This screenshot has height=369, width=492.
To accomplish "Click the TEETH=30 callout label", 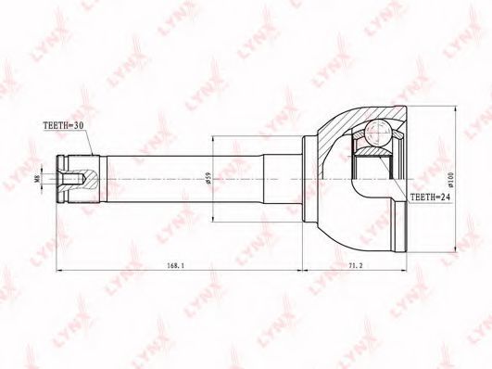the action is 63,125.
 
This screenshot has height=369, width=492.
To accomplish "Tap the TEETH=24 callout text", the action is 431,197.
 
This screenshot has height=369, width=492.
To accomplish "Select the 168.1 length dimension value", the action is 176,265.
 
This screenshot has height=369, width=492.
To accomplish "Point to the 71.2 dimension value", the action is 356,265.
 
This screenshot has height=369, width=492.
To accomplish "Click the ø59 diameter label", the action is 208,178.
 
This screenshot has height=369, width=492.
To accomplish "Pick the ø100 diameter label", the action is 451,179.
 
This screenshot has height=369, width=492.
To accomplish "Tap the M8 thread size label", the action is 37,178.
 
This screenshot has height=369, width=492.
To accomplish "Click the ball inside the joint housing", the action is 378,133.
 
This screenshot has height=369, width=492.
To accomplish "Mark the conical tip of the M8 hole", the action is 84,179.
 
